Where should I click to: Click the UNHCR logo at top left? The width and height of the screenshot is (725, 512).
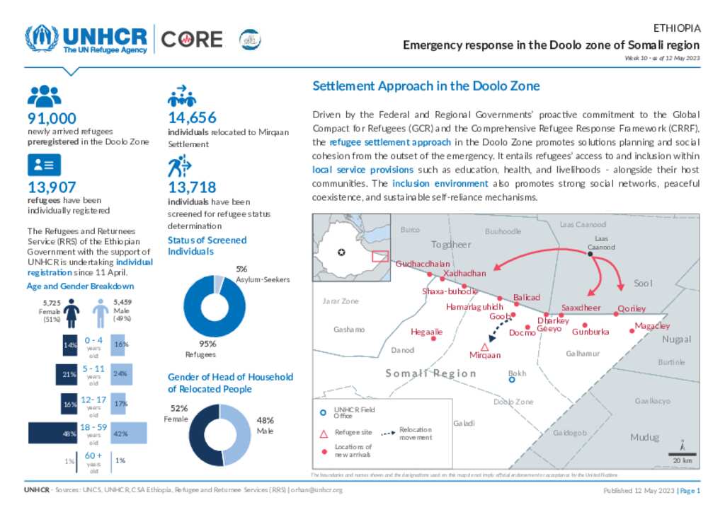pos(86,40)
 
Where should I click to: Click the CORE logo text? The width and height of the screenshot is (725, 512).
pos(192,40)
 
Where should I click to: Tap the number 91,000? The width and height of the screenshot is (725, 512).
pos(52,119)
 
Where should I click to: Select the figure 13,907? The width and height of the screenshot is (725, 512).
pos(52,187)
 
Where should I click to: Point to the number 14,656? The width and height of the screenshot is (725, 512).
pos(192,118)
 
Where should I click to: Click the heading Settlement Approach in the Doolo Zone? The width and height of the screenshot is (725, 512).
pos(426,86)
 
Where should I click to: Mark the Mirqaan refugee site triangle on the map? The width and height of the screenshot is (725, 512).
pos(485,347)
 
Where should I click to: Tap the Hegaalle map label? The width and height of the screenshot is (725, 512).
pos(427,331)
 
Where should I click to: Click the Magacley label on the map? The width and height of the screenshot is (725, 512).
pos(652,326)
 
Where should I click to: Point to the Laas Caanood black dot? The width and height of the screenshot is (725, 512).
pos(590,253)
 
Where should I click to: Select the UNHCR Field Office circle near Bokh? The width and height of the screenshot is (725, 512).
pos(513,380)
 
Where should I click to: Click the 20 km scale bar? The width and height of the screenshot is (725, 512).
pos(683,454)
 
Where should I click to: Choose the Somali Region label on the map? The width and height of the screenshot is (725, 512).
pos(430,373)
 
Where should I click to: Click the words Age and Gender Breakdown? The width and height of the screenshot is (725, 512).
pos(80,286)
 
